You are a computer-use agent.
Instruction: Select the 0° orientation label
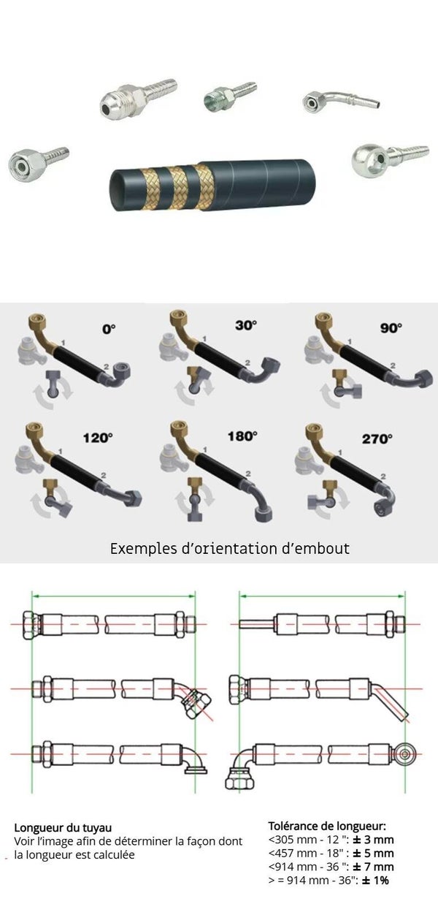pos(109,329)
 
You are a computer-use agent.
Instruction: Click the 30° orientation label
pos(246,325)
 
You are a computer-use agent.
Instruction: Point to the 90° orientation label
pos(391,327)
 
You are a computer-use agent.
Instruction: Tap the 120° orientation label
pos(98,438)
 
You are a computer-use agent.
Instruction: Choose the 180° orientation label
pos(242,436)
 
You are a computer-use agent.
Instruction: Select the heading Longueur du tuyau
pos(63,828)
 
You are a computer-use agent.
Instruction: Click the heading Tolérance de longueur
pos(327,826)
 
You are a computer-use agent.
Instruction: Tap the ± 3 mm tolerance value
pos(373,840)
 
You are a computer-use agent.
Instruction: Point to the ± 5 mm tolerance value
pos(373,853)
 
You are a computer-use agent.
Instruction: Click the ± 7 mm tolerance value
pos(373,867)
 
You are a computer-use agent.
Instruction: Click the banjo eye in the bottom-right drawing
pos(404,753)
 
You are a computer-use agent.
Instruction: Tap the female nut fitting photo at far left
pos(38,162)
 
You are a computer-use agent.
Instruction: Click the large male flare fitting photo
pos(138,98)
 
